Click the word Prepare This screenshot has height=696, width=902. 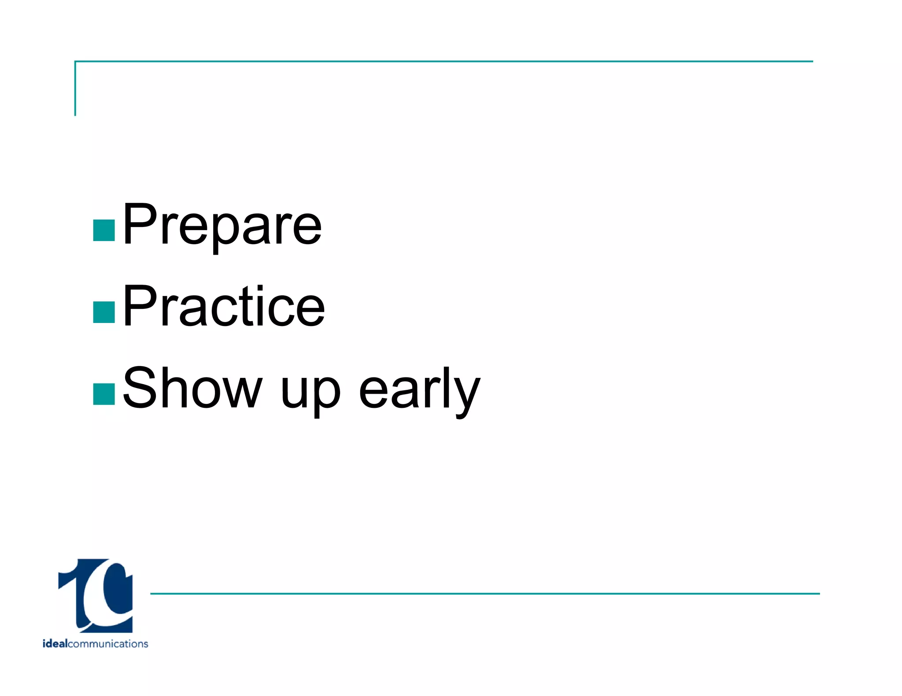click(222, 225)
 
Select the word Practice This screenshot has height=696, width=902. click(224, 307)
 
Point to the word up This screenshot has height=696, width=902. click(310, 392)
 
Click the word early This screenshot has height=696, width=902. click(419, 389)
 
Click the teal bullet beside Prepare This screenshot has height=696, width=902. click(104, 231)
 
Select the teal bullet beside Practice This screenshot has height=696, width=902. click(104, 312)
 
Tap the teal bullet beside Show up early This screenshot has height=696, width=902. click(104, 394)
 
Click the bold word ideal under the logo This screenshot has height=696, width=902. click(55, 644)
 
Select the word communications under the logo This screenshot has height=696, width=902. click(108, 644)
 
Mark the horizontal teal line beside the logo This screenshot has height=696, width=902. click(484, 593)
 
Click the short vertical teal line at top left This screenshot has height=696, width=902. click(75, 88)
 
